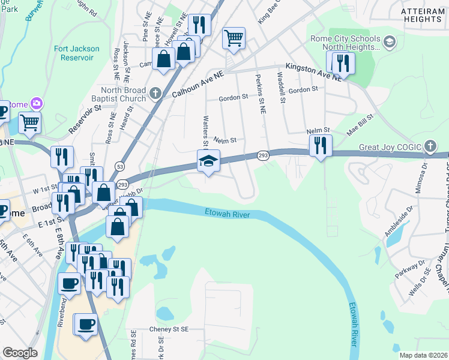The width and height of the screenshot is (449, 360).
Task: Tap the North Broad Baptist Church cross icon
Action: coord(155,93)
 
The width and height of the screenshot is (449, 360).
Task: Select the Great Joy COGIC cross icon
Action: coord(430,146)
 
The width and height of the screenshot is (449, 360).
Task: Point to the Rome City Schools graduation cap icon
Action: coord(389,41)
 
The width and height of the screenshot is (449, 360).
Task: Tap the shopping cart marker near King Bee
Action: coord(234,38)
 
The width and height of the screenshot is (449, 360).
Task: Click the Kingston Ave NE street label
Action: coord(313,71)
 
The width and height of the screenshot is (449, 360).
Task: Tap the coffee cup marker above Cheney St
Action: coord(85,325)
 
